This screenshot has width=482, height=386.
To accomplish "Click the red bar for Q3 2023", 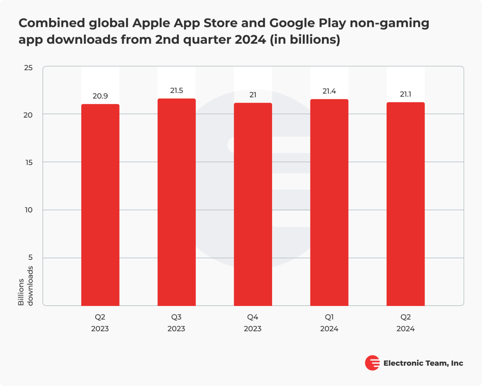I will (x=176, y=202).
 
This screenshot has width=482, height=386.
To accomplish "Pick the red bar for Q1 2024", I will (x=329, y=202).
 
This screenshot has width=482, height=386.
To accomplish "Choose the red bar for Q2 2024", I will (x=405, y=204).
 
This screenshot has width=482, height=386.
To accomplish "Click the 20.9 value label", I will (x=100, y=96).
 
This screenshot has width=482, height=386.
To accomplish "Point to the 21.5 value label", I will (x=176, y=91).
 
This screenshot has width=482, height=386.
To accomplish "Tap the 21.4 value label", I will (x=329, y=91).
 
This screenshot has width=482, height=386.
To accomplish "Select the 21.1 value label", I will (x=405, y=94).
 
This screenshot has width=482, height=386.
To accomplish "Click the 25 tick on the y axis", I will (x=28, y=68).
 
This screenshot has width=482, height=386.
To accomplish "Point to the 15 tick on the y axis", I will (x=29, y=163).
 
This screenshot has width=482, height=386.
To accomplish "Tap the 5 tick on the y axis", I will (x=30, y=257).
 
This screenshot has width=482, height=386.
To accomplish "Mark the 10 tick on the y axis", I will (x=29, y=210).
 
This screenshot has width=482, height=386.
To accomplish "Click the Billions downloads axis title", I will (x=25, y=286).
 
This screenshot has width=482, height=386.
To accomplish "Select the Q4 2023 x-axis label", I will (x=253, y=323).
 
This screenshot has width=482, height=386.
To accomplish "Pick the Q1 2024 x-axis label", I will (x=329, y=323).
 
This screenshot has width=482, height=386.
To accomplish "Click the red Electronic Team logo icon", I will (x=372, y=363).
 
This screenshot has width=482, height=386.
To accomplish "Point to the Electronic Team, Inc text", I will (x=423, y=363).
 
